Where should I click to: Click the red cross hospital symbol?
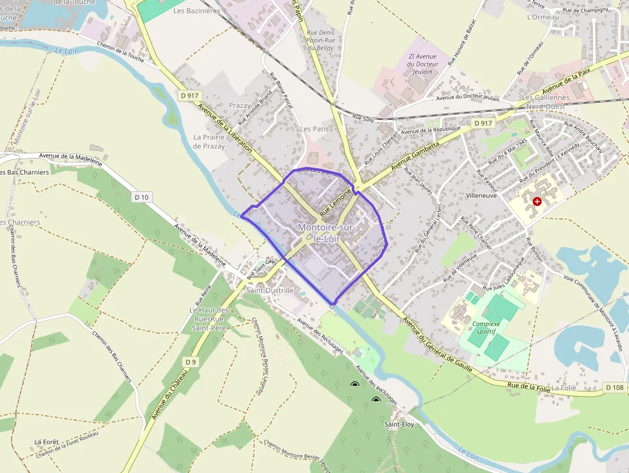pyautogui.click(x=537, y=201)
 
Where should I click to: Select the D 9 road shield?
pyautogui.click(x=190, y=362)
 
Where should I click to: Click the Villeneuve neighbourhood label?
pyautogui.click(x=482, y=195)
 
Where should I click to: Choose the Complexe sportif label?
pyautogui.click(x=485, y=328)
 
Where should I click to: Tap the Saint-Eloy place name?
pyautogui.click(x=399, y=424)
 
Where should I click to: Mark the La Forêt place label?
pyautogui.click(x=47, y=442)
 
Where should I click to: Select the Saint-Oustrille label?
pyautogui.click(x=270, y=290)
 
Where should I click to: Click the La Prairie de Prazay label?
pyautogui.click(x=209, y=142)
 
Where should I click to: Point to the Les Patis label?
pyautogui.click(x=314, y=129)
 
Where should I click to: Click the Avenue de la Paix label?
pyautogui.click(x=565, y=80)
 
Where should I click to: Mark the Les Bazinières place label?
pyautogui.click(x=197, y=11)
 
